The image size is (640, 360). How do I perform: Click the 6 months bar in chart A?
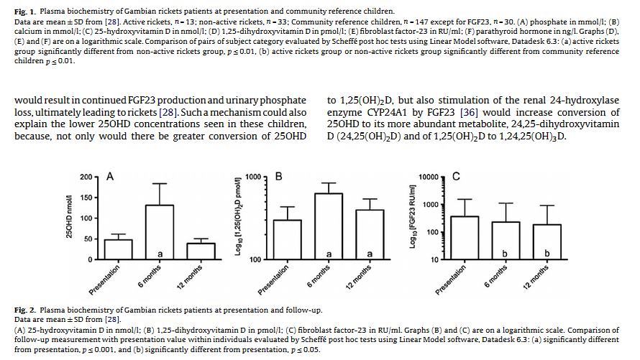160,231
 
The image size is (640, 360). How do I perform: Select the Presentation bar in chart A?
119,249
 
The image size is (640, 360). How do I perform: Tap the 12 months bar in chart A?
201,251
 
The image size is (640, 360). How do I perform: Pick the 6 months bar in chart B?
329,226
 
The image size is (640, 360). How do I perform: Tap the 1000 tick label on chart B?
253,177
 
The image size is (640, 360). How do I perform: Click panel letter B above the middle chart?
279,176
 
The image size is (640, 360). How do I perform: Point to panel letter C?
456,176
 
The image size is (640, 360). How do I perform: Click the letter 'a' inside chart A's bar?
160,254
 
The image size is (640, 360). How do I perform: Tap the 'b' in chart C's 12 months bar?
547,254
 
